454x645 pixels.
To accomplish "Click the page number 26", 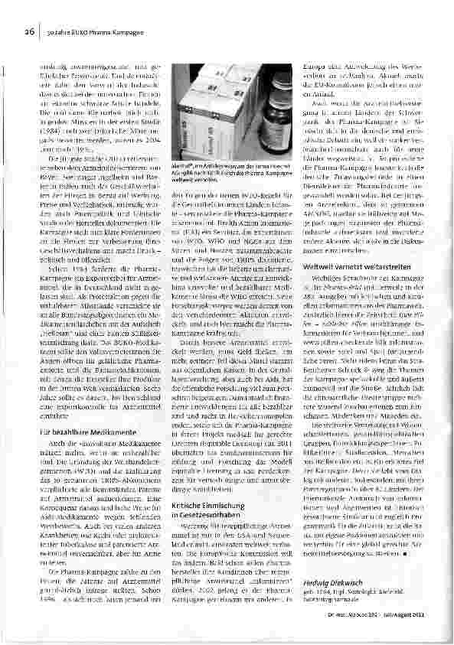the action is [29, 31].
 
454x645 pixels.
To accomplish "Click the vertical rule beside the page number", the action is [39, 32].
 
